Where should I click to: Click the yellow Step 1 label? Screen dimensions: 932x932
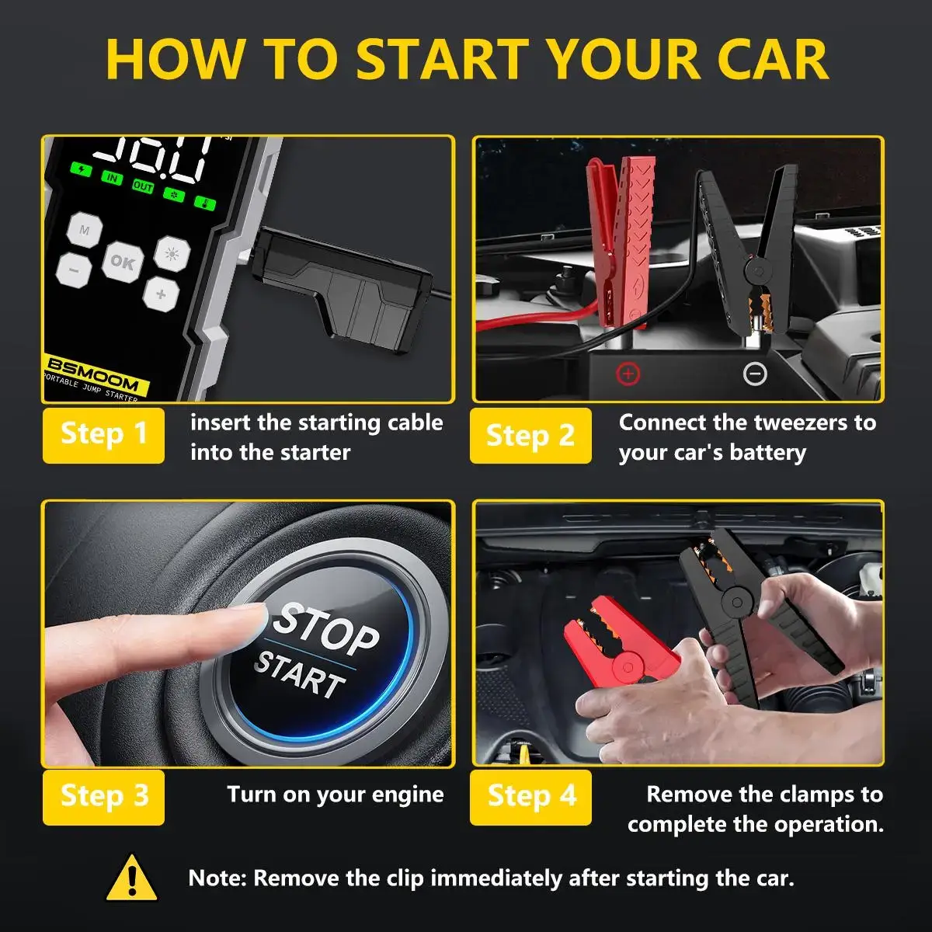(103, 435)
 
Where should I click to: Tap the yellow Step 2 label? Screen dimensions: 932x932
(530, 435)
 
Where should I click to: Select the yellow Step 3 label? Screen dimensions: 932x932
(103, 796)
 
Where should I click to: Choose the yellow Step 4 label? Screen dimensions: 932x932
(530, 796)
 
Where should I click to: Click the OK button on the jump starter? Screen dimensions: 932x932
(122, 263)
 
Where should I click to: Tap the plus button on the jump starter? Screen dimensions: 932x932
(161, 294)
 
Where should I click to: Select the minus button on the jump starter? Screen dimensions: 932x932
(74, 270)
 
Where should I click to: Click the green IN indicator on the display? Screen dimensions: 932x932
(113, 178)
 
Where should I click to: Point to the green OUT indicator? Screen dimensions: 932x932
(143, 186)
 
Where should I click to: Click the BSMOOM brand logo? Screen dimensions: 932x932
(92, 374)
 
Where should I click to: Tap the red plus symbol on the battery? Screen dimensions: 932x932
(628, 374)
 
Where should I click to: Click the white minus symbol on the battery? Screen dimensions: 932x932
(755, 374)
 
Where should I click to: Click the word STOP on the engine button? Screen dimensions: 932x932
(326, 628)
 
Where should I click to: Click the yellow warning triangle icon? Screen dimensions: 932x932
(132, 878)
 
